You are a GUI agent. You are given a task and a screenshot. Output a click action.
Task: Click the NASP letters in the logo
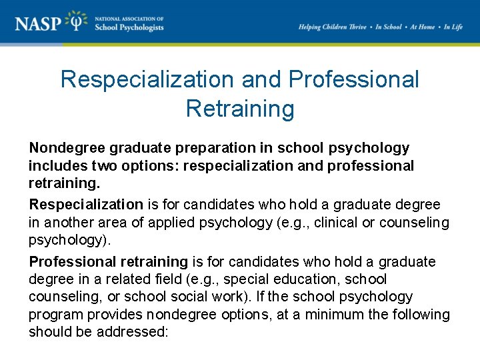pyautogui.click(x=41, y=24)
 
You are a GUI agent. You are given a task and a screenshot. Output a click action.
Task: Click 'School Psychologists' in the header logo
pyautogui.click(x=129, y=28)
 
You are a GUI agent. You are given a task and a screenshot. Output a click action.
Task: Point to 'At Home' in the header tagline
pyautogui.click(x=422, y=27)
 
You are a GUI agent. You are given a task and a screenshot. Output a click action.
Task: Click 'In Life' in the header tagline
pyautogui.click(x=453, y=27)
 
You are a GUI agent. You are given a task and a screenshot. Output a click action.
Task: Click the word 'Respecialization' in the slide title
pyautogui.click(x=147, y=79)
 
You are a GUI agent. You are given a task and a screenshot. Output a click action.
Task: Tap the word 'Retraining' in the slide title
pyautogui.click(x=240, y=108)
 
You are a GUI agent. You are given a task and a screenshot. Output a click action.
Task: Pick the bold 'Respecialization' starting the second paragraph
pyautogui.click(x=86, y=204)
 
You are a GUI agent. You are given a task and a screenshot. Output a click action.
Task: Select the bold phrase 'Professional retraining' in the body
pyautogui.click(x=108, y=262)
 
